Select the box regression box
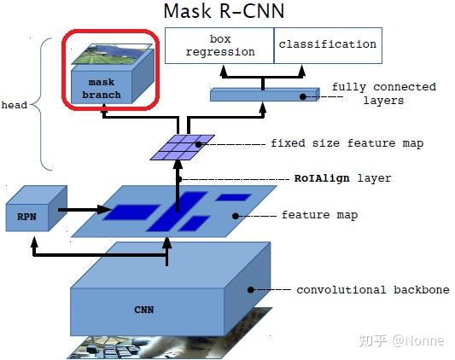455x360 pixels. [219, 45]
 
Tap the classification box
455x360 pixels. [327, 44]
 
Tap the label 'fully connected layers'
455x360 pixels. [383, 93]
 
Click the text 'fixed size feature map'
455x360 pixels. [347, 143]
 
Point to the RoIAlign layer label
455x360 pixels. [342, 178]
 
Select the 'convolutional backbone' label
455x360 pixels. [372, 290]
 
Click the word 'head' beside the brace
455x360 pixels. [15, 105]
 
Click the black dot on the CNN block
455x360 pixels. [251, 289]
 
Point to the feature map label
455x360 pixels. [319, 215]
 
